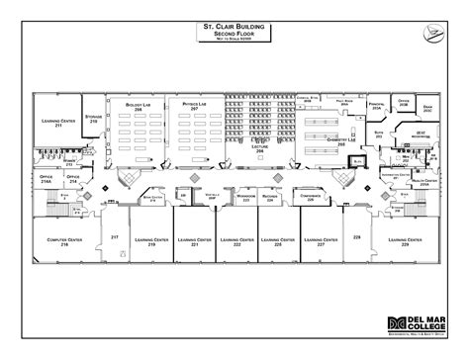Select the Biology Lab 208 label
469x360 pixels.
[139, 104]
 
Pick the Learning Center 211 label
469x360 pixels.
[57, 124]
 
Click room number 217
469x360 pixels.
[115, 238]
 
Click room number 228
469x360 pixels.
[357, 238]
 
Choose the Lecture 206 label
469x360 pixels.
[260, 146]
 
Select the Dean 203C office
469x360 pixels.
[426, 110]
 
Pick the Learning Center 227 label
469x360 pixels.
[321, 242]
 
